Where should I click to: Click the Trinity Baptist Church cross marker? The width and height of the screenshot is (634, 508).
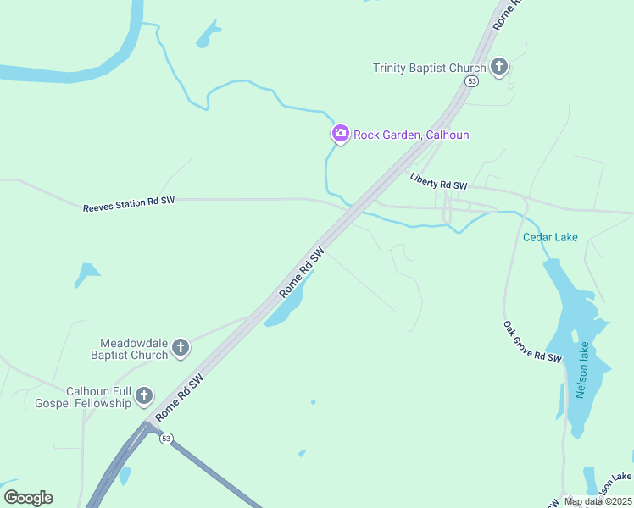click(x=499, y=66)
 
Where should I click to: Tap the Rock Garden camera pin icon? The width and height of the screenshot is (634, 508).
click(x=340, y=133)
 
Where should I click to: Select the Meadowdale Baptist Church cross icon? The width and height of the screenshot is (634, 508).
click(x=181, y=346)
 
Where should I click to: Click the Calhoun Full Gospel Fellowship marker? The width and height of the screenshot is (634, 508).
click(x=144, y=395)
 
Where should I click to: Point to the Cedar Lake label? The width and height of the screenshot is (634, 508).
click(x=550, y=237)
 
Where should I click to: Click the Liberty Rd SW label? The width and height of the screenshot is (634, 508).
click(x=438, y=181)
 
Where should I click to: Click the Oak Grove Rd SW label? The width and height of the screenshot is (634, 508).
click(x=532, y=342)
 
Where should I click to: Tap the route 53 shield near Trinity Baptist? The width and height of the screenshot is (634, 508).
click(x=471, y=80)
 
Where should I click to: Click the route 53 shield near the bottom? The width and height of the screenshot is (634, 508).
click(x=167, y=438)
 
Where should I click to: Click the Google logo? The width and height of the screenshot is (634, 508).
click(x=28, y=498)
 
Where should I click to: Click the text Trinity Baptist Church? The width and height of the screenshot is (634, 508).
click(x=430, y=68)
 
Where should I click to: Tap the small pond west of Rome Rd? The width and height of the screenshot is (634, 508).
click(x=86, y=273)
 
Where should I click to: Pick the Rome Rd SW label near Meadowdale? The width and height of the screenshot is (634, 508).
click(x=181, y=395)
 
